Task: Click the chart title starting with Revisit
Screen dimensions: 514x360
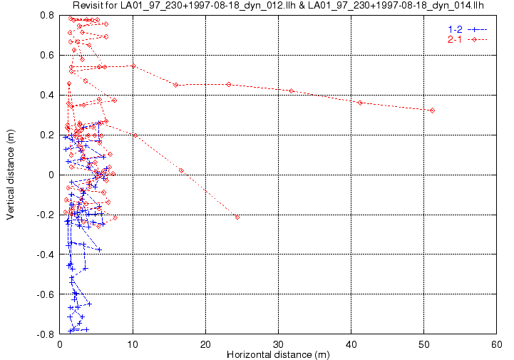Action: pyautogui.click(x=278, y=5)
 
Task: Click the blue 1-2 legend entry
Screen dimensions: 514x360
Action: pyautogui.click(x=468, y=29)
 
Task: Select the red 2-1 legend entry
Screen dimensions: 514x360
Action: pyautogui.click(x=468, y=40)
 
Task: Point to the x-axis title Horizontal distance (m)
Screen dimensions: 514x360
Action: pyautogui.click(x=278, y=354)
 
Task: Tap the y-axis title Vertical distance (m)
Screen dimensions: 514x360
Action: pyautogui.click(x=10, y=175)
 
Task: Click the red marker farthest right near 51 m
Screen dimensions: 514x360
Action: pyautogui.click(x=433, y=110)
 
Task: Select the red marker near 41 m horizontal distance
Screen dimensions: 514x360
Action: pyautogui.click(x=360, y=103)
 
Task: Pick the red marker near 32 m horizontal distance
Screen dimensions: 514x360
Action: pyautogui.click(x=292, y=91)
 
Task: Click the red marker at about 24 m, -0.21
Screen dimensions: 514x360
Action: pyautogui.click(x=237, y=217)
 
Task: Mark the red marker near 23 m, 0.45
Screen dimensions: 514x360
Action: pyautogui.click(x=229, y=85)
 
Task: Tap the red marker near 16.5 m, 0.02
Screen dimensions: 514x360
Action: pyautogui.click(x=181, y=171)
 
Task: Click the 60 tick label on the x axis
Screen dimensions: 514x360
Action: pyautogui.click(x=497, y=344)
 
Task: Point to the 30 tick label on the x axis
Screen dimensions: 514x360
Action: pyautogui.click(x=278, y=344)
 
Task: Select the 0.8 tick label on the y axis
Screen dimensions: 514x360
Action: pyautogui.click(x=47, y=15)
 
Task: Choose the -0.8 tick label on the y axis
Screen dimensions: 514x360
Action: pyautogui.click(x=45, y=334)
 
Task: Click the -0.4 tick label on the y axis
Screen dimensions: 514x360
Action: pyautogui.click(x=45, y=254)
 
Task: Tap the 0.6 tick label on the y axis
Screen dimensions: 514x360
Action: pyautogui.click(x=47, y=55)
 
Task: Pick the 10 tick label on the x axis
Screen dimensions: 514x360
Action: pyautogui.click(x=133, y=344)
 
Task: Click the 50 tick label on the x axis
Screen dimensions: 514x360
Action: pyautogui.click(x=424, y=344)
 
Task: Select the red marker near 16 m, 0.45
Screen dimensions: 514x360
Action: pyautogui.click(x=175, y=85)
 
